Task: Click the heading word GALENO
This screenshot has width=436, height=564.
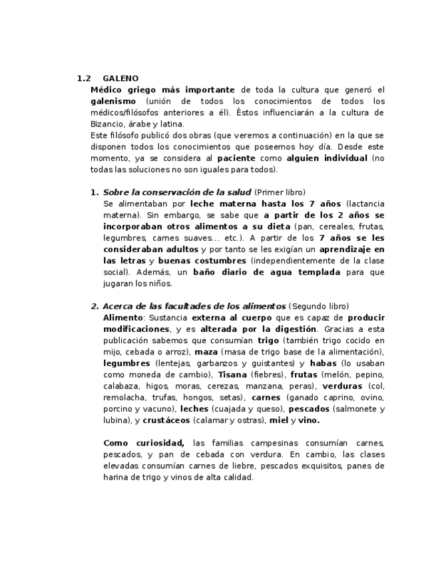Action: [120, 78]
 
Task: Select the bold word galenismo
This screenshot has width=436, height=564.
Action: [113, 101]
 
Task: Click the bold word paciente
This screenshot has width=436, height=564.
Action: [236, 158]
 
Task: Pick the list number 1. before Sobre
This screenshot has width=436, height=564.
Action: [95, 192]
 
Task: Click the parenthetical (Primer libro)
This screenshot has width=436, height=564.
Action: [280, 192]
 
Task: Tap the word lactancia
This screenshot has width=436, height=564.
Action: [366, 204]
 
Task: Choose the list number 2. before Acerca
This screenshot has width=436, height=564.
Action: [95, 307]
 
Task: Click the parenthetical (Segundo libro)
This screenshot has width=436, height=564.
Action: [318, 307]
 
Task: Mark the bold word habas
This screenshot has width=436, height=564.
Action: [324, 363]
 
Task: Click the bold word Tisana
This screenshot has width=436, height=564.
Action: [232, 374]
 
